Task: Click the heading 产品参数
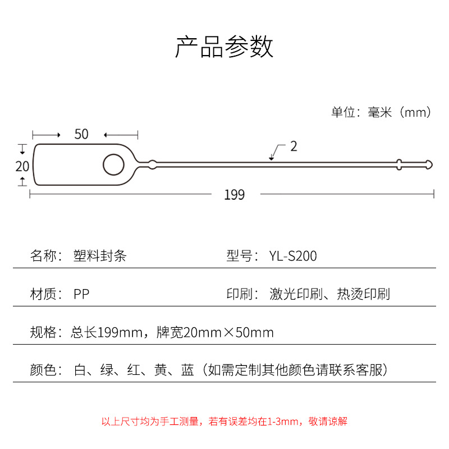[224, 47]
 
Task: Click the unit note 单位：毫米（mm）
[382, 112]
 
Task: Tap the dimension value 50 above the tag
[81, 134]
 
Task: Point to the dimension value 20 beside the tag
[22, 166]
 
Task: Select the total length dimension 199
[234, 195]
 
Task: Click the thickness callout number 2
[294, 146]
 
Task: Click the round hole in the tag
[113, 165]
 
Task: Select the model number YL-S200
[293, 256]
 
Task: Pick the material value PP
[81, 294]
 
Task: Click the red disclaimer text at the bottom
[224, 421]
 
